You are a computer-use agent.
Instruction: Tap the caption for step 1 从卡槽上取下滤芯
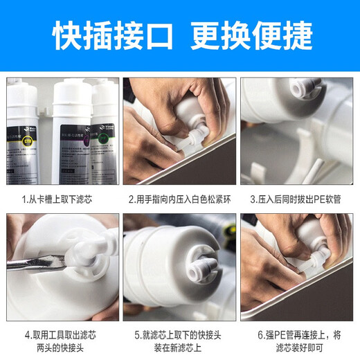(61, 199)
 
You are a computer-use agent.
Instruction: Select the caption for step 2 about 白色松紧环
(179, 199)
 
